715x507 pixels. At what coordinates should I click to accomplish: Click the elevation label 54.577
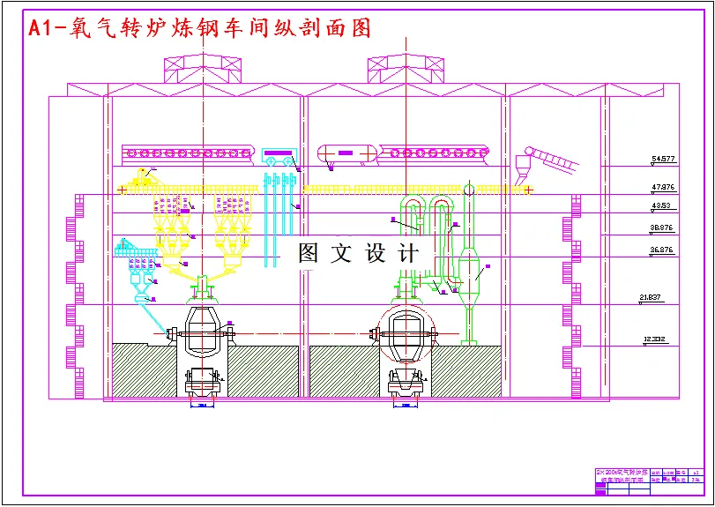click(663, 160)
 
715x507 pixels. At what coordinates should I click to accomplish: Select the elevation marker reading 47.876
click(663, 188)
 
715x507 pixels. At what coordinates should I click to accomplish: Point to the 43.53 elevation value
click(660, 206)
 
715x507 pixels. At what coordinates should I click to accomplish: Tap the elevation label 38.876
click(661, 227)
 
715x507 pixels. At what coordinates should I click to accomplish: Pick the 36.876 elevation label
click(661, 250)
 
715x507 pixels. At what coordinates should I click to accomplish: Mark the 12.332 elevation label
click(654, 339)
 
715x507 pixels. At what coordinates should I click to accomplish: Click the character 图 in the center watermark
click(309, 254)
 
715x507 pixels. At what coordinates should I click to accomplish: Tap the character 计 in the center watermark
click(408, 254)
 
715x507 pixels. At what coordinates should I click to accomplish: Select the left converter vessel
click(205, 330)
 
